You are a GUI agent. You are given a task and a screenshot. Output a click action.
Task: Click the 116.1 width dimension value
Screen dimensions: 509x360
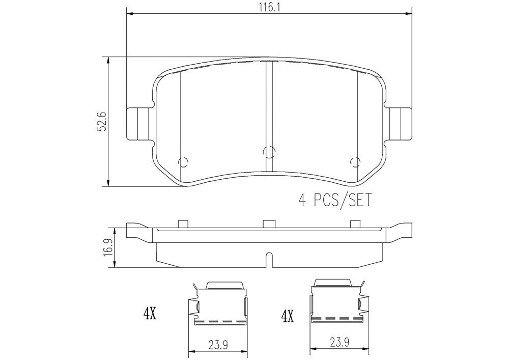pyautogui.click(x=269, y=7)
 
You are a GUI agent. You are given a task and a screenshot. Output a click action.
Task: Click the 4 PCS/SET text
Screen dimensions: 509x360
pyautogui.click(x=334, y=200)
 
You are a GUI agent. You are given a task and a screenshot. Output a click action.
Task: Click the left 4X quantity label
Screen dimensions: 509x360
pyautogui.click(x=150, y=314)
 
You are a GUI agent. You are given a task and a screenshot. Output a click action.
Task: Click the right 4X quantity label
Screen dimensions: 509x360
pyautogui.click(x=288, y=317)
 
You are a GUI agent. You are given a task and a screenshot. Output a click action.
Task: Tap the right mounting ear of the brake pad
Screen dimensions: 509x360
pyautogui.click(x=399, y=123)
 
